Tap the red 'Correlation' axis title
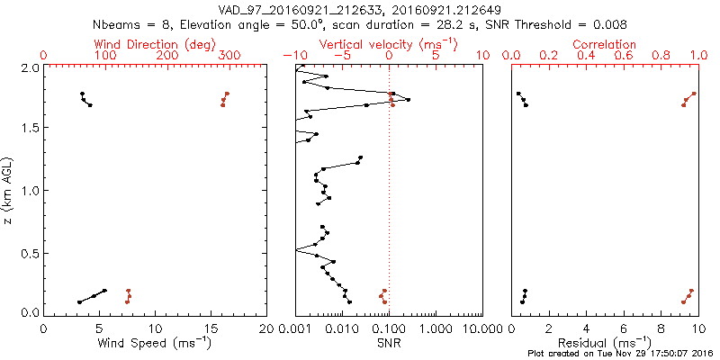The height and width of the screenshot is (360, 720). (605, 44)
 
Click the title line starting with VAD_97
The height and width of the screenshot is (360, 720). (360, 10)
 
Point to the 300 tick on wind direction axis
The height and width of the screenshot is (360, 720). (229, 56)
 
